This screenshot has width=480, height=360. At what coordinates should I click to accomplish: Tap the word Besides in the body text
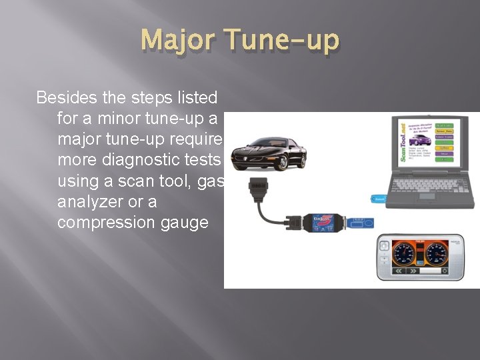pyautogui.click(x=67, y=98)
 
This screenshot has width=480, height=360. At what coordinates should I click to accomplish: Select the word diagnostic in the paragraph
pyautogui.click(x=143, y=160)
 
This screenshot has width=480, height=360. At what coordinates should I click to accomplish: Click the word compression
pyautogui.click(x=107, y=222)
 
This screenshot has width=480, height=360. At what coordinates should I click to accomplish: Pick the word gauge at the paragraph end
pyautogui.click(x=184, y=222)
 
